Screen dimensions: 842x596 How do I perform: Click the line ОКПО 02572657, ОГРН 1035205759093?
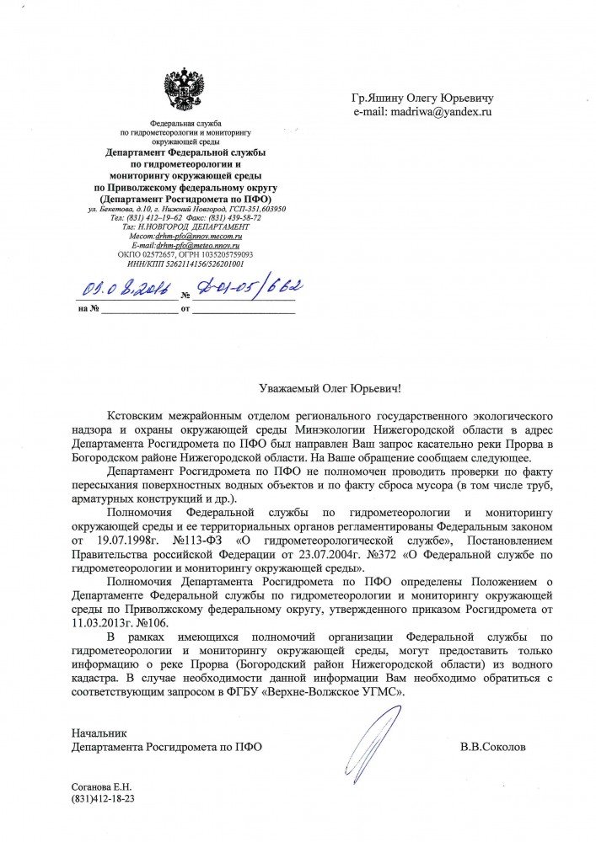pos(187,253)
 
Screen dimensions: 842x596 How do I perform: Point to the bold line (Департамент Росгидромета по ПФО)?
pos(187,198)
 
